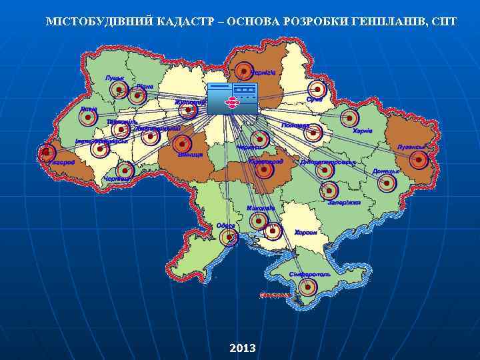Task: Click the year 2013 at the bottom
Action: point(242,348)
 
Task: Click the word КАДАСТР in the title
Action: point(187,21)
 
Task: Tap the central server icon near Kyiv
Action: point(231,99)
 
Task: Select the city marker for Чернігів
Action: point(244,71)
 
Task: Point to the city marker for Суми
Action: point(319,89)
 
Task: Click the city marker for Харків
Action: point(349,119)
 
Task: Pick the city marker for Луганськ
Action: point(418,159)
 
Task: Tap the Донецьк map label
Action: point(385,171)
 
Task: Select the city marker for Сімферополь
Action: point(307,288)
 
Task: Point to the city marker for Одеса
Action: point(229,237)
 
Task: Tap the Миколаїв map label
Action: point(260,209)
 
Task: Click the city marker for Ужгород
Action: point(45,153)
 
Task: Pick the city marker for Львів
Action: point(87,117)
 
